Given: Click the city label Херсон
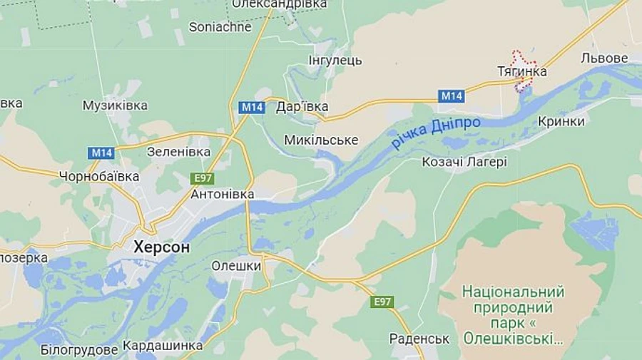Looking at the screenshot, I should point(161,247).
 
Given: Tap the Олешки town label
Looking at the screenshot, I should point(236,266).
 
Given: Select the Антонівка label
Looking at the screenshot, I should point(223,194).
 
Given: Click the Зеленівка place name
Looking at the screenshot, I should point(178,152).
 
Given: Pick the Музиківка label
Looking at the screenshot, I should point(115,106).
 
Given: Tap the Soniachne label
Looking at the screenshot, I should point(220,27).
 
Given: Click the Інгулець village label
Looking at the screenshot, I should point(335,60).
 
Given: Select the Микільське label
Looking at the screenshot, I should point(321,140).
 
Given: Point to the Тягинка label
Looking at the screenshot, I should point(521,71).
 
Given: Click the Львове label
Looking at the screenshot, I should point(604,58).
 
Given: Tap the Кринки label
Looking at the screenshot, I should point(561,121).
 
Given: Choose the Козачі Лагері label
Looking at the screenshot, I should point(464,162).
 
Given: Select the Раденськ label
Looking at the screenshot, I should point(419,339).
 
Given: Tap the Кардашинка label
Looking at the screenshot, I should point(163,346).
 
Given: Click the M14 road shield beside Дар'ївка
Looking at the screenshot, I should point(252,108).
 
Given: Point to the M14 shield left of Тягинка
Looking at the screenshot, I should point(451,96).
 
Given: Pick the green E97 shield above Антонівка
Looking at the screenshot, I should point(202,178).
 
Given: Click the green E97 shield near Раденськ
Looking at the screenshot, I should point(382,302).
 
